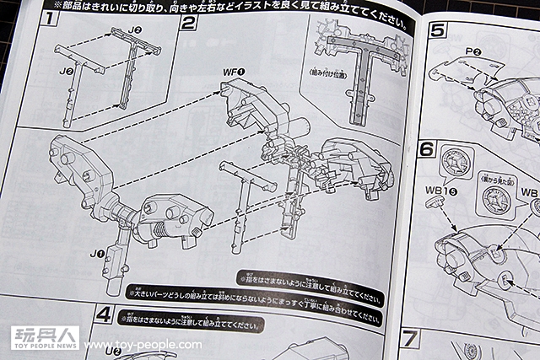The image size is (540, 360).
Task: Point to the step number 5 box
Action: click(x=437, y=33)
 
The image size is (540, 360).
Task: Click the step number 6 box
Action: click(x=428, y=152)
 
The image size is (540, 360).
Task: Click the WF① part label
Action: click(x=235, y=73)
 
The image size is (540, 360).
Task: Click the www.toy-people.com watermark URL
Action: click(x=143, y=345)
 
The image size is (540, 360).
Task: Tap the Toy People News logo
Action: click(x=44, y=338)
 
